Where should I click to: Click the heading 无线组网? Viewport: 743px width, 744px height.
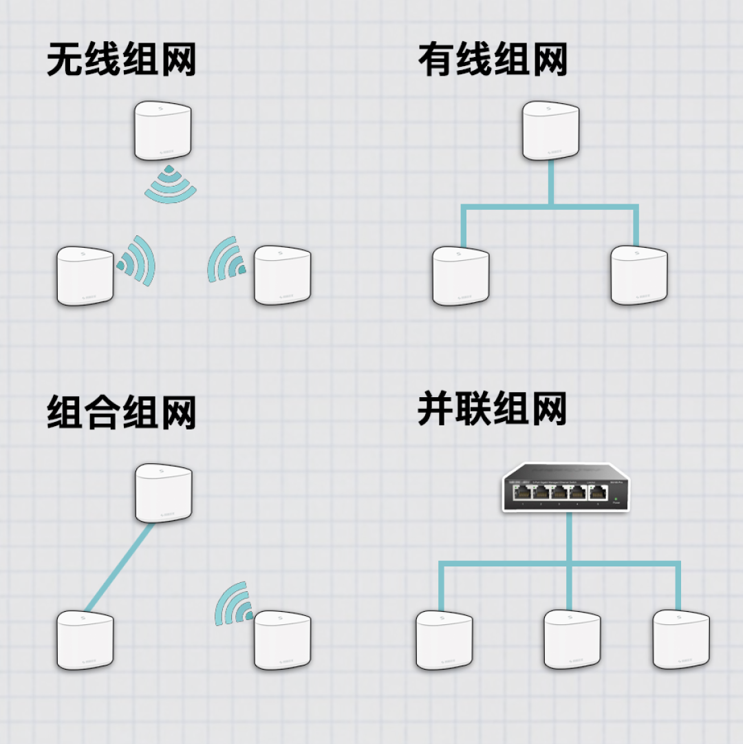coord(121,60)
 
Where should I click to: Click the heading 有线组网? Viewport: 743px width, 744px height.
coord(493,60)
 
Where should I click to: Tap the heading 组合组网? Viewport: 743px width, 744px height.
coord(121,412)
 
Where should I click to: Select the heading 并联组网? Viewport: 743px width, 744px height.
coord(493,410)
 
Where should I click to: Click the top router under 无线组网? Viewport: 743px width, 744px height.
coord(164,131)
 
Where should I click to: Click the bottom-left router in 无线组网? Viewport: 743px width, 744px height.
coord(84,276)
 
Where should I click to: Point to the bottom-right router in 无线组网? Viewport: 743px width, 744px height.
coord(282,275)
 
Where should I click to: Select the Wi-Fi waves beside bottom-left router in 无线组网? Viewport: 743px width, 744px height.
coord(137,261)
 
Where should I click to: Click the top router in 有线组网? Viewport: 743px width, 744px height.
coord(551,131)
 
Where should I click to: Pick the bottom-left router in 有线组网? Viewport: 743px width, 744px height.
coord(460,276)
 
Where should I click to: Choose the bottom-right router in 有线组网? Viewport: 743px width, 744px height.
coord(639,275)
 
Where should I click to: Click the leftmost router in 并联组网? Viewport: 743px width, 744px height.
coord(444,640)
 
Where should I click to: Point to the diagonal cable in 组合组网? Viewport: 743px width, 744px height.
coord(118,568)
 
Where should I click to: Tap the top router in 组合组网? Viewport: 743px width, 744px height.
coord(164,493)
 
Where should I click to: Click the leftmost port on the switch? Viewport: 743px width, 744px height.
coord(524,491)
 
